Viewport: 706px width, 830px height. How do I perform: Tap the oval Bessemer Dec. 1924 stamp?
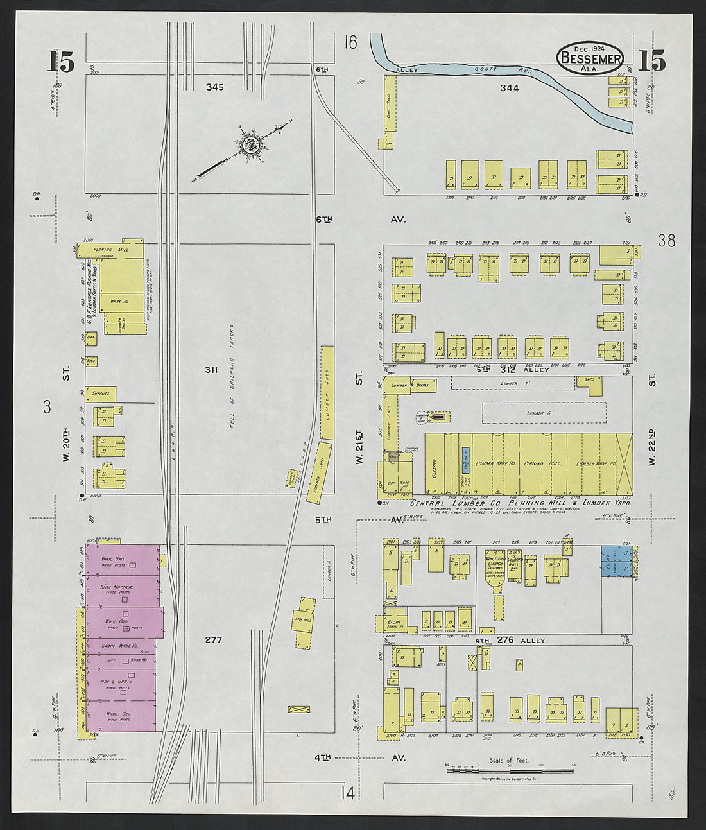(x=590, y=57)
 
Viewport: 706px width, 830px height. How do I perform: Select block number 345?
(x=215, y=86)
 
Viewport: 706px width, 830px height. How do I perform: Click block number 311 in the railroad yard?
(x=211, y=370)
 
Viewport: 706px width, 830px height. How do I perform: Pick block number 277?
(x=213, y=640)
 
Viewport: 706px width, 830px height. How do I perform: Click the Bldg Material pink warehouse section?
(x=122, y=591)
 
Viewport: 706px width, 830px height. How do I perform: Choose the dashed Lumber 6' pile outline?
(x=544, y=413)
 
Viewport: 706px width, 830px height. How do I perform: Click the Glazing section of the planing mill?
(x=434, y=463)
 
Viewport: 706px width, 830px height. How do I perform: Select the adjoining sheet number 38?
(x=666, y=241)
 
